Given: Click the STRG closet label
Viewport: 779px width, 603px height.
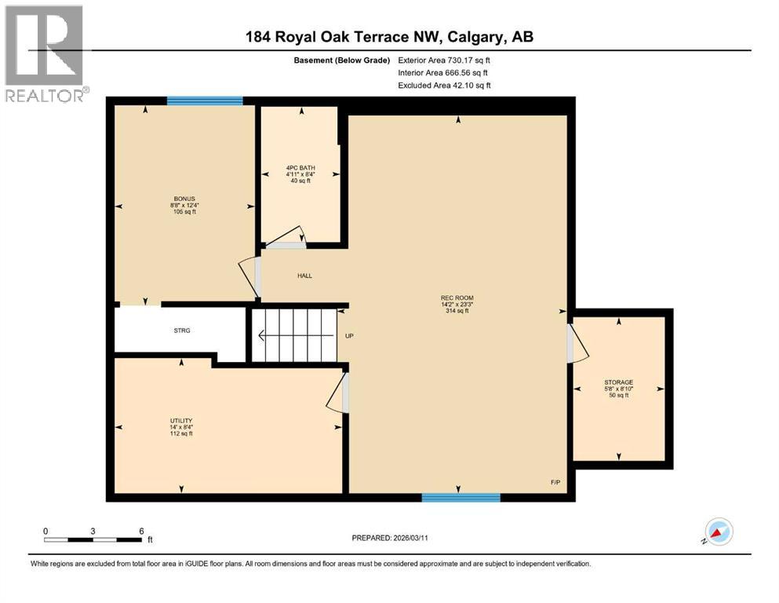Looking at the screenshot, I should click(182, 331).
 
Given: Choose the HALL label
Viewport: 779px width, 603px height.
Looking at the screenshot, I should click(304, 276).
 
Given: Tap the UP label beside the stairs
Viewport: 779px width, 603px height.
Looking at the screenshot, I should click(350, 336).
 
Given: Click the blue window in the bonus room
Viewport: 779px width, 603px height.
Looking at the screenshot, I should click(205, 100).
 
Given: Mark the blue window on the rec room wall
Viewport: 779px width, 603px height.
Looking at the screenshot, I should click(460, 497).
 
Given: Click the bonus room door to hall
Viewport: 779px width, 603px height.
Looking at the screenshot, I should click(249, 277).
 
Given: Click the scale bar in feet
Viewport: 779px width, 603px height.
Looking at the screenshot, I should click(94, 539).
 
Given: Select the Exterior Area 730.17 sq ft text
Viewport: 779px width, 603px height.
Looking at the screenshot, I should click(446, 60).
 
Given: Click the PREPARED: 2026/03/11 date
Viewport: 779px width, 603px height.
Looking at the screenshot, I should click(389, 538).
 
